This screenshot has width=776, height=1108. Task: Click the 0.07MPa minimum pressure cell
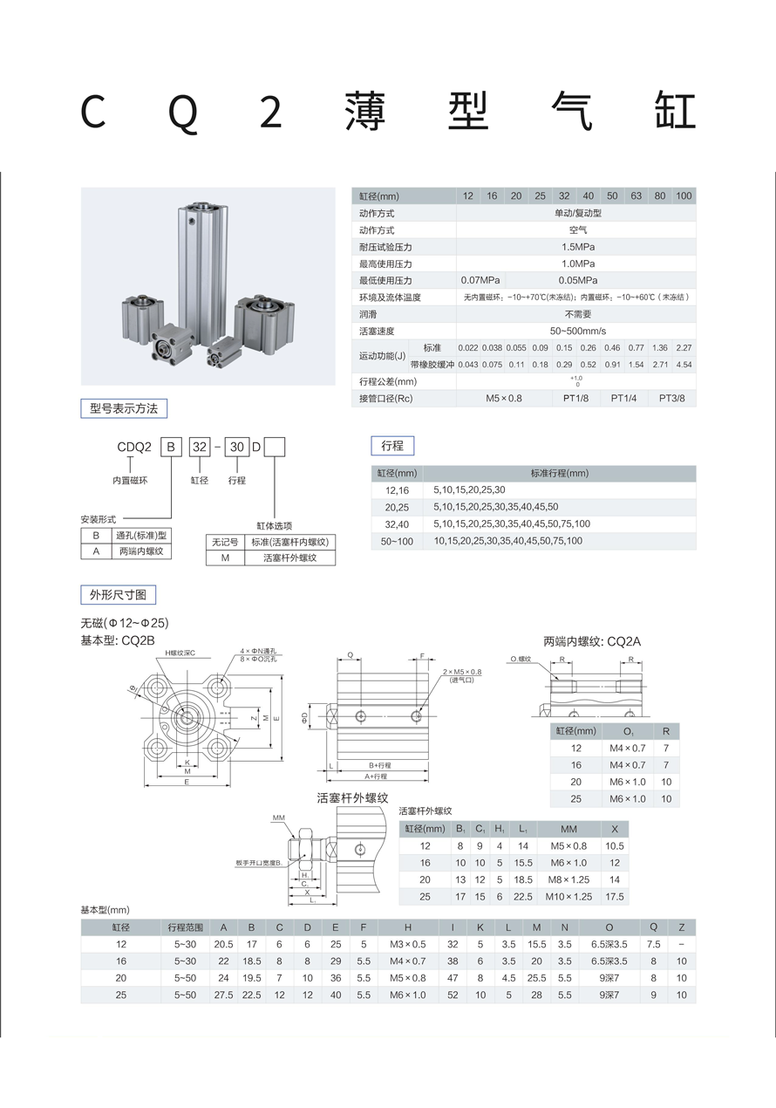[480, 280]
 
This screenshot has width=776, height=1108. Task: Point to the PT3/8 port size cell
[671, 398]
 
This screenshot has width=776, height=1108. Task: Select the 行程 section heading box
[392, 445]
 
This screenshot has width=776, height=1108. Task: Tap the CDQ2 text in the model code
[135, 448]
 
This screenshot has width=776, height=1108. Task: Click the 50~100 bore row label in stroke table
[398, 541]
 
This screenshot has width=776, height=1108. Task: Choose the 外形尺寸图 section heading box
[119, 595]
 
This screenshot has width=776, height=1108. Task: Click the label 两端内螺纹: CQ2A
[592, 641]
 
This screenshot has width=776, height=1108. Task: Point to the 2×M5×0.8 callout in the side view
[461, 672]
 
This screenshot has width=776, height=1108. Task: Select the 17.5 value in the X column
[615, 896]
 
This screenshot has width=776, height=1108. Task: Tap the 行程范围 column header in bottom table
[185, 927]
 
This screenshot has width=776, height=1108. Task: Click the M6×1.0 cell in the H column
[408, 995]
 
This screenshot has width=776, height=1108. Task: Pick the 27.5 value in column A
[223, 995]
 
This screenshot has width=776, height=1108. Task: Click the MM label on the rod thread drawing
[279, 817]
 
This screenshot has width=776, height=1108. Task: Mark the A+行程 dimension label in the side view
[378, 776]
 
